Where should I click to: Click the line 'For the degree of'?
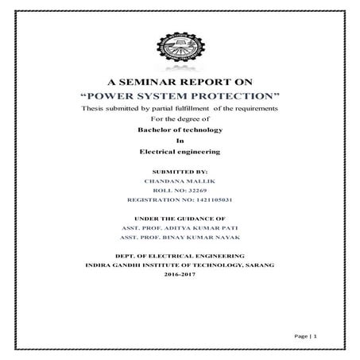coord(180,118)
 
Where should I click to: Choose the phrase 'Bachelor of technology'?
coord(180,129)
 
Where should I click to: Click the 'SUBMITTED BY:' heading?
coord(180,171)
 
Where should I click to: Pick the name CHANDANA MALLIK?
coord(180,181)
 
